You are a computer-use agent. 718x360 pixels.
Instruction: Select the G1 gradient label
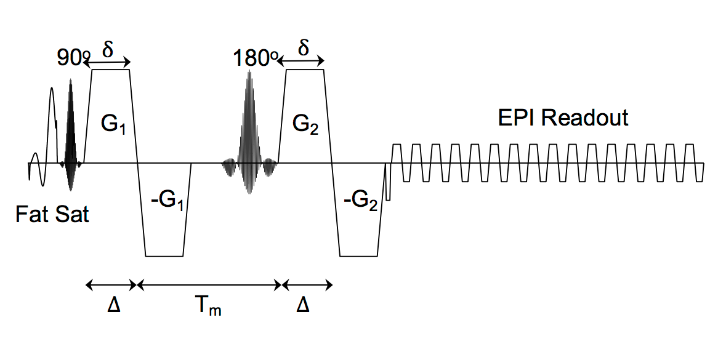pyautogui.click(x=113, y=124)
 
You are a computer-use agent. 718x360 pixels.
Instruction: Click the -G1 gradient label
pyautogui.click(x=167, y=201)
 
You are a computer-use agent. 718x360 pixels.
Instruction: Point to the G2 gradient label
pyautogui.click(x=306, y=124)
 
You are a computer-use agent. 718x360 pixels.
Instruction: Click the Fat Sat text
pyautogui.click(x=52, y=214)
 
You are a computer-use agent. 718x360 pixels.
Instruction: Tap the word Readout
pyautogui.click(x=585, y=118)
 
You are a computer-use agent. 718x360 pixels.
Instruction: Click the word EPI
pyautogui.click(x=517, y=118)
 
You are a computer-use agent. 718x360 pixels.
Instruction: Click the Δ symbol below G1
pyautogui.click(x=113, y=305)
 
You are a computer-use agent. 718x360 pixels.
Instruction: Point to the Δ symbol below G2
pyautogui.click(x=303, y=305)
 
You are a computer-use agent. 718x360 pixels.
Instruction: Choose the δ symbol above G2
pyautogui.click(x=303, y=47)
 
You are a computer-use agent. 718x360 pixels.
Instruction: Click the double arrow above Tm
pyautogui.click(x=209, y=286)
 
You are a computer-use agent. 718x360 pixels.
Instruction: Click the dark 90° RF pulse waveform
pyautogui.click(x=71, y=135)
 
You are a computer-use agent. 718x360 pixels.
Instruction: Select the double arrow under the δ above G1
pyautogui.click(x=108, y=62)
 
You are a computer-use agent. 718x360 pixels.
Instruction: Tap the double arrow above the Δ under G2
pyautogui.click(x=307, y=286)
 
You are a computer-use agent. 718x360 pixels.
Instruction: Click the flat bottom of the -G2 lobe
pyautogui.click(x=359, y=256)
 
